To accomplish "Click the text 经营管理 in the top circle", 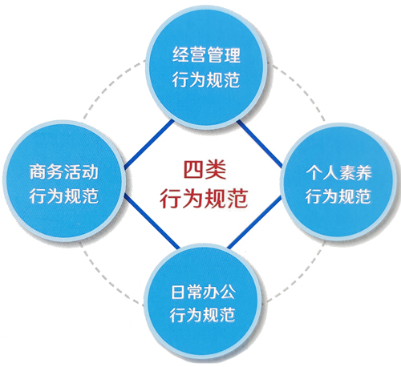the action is click(206, 54).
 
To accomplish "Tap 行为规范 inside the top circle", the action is click(205, 79).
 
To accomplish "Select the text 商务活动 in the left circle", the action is click(63, 172).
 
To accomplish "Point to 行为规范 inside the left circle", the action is click(63, 196).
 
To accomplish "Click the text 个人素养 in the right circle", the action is click(338, 173).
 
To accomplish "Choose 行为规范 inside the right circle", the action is click(338, 196).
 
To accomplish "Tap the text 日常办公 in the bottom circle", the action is click(203, 292).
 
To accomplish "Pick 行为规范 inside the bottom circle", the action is click(202, 315).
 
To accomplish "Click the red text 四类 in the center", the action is click(205, 170).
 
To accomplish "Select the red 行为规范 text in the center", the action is click(204, 198).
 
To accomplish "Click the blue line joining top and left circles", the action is click(149, 144).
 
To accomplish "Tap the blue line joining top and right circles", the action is click(260, 144).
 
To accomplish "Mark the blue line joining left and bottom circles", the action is click(152, 222).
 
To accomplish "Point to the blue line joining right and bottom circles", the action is click(255, 222).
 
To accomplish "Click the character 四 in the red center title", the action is click(194, 170).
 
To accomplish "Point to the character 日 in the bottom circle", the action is click(177, 292).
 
